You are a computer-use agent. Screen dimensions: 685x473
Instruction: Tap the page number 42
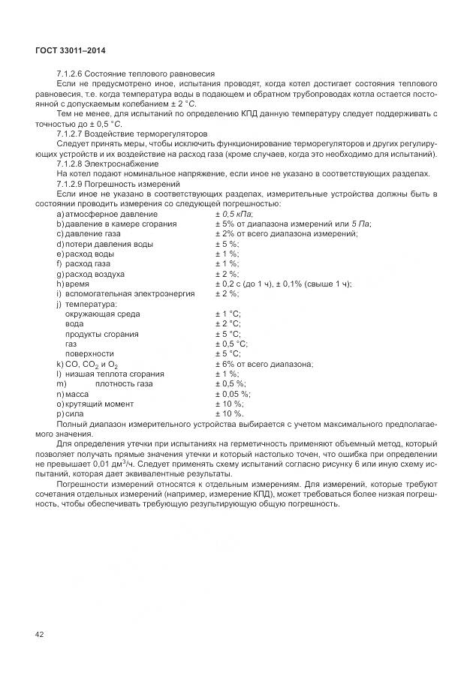pyautogui.click(x=40, y=635)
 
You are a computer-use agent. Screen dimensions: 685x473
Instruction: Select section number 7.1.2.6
pyautogui.click(x=69, y=74)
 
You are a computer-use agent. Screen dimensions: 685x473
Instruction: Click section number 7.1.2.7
pyautogui.click(x=69, y=133)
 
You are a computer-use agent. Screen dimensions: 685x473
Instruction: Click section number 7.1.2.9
pyautogui.click(x=69, y=184)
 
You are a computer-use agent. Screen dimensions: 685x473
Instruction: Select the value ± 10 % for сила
pyautogui.click(x=229, y=413)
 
